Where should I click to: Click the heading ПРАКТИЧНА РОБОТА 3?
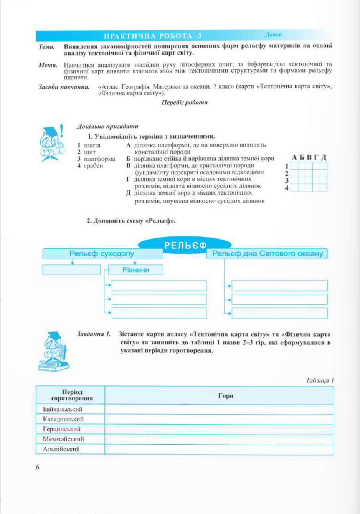(x=153, y=36)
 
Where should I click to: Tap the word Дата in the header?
(x=273, y=35)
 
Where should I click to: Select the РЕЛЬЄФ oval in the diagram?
(x=185, y=245)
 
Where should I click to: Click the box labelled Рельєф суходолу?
(x=102, y=254)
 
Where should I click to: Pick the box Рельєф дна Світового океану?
(x=268, y=254)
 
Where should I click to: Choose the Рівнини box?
(x=135, y=270)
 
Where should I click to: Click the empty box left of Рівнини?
(x=71, y=270)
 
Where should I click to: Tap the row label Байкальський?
(x=63, y=409)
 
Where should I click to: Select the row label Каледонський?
(x=63, y=419)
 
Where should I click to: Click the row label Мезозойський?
(x=63, y=439)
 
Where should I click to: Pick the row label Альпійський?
(x=61, y=449)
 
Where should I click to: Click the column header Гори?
(x=226, y=395)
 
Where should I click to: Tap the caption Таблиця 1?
(x=320, y=380)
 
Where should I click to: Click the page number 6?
(x=38, y=467)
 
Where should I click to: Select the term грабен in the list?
(x=94, y=166)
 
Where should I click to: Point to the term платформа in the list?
(x=99, y=159)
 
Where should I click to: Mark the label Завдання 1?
(x=94, y=334)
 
